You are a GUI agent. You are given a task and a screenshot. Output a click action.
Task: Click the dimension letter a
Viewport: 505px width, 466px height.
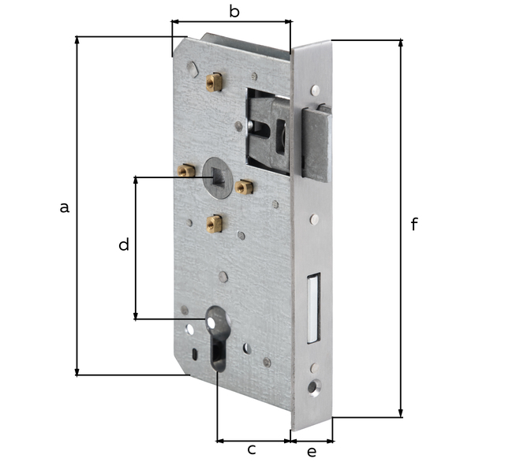pyautogui.click(x=65, y=207)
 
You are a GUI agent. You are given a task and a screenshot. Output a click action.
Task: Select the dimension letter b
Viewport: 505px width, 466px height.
pyautogui.click(x=234, y=11)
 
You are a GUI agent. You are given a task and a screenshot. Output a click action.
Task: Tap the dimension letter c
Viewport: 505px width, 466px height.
pyautogui.click(x=252, y=449)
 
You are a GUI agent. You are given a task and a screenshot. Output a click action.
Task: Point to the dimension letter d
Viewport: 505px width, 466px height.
pyautogui.click(x=123, y=245)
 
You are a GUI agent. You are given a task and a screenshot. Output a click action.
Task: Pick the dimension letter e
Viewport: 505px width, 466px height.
pyautogui.click(x=311, y=451)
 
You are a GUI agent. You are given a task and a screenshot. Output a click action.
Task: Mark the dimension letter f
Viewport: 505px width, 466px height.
pyautogui.click(x=414, y=225)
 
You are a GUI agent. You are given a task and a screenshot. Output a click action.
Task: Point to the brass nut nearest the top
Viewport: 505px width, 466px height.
pyautogui.click(x=212, y=80)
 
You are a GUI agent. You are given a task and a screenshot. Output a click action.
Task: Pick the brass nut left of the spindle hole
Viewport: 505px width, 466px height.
pyautogui.click(x=186, y=170)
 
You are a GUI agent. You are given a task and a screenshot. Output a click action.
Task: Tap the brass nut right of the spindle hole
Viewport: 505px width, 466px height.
pyautogui.click(x=244, y=187)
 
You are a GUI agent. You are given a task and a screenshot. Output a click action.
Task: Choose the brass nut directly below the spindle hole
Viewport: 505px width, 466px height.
pyautogui.click(x=213, y=224)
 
